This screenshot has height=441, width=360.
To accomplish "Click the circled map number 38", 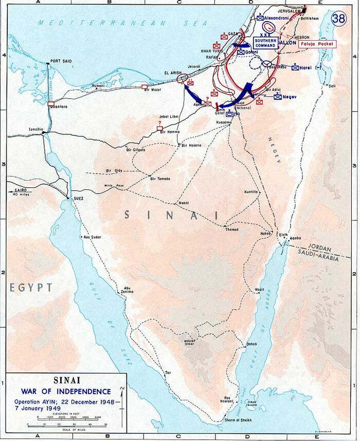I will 338,19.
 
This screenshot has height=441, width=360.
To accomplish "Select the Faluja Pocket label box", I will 319,44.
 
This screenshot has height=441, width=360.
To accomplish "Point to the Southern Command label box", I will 265,43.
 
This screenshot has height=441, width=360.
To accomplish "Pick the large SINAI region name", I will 173,216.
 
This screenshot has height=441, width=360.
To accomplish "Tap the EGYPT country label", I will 31,287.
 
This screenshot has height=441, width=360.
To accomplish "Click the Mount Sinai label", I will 197,343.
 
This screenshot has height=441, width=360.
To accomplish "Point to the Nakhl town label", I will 184,203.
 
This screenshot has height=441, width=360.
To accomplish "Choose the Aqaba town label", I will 296,239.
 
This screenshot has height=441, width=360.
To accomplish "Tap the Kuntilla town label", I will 250,192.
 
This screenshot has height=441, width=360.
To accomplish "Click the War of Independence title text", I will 66,392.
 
